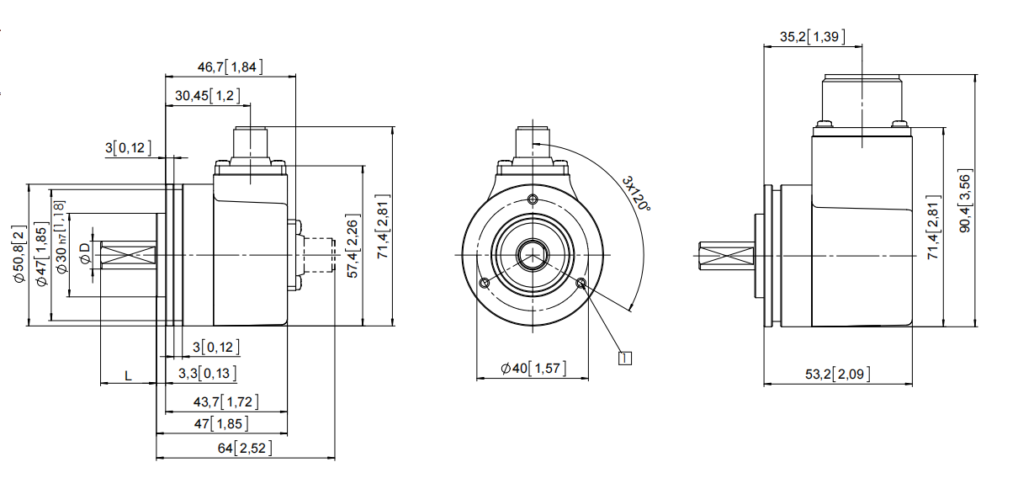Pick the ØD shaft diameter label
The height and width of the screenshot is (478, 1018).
[x=84, y=254]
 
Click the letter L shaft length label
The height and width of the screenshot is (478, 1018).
[x=128, y=375]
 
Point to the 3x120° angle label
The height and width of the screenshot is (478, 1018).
[x=636, y=194]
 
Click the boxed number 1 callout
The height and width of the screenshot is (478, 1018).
[x=624, y=358]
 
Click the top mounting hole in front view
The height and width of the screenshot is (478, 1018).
[x=533, y=199]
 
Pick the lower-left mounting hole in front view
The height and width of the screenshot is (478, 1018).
[x=485, y=283]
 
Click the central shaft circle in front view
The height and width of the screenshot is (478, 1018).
[x=533, y=254]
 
